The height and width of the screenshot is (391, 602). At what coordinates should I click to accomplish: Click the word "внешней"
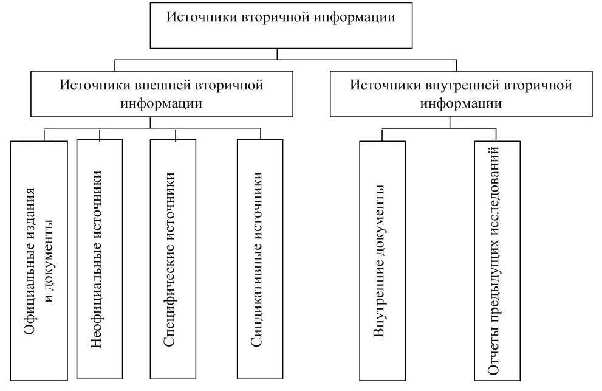(x=162, y=85)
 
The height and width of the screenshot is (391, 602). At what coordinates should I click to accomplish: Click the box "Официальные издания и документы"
(x=39, y=261)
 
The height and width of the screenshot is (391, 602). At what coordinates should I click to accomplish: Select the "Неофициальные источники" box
(x=100, y=259)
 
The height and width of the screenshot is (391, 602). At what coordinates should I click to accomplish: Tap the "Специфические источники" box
(x=173, y=259)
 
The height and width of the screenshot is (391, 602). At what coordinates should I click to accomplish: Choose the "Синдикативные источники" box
(x=260, y=259)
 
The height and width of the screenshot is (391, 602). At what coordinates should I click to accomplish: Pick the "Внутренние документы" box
(x=382, y=261)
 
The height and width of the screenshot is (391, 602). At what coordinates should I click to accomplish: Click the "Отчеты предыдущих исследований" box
(x=497, y=261)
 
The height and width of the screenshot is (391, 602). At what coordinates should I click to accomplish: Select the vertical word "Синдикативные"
(x=257, y=301)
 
